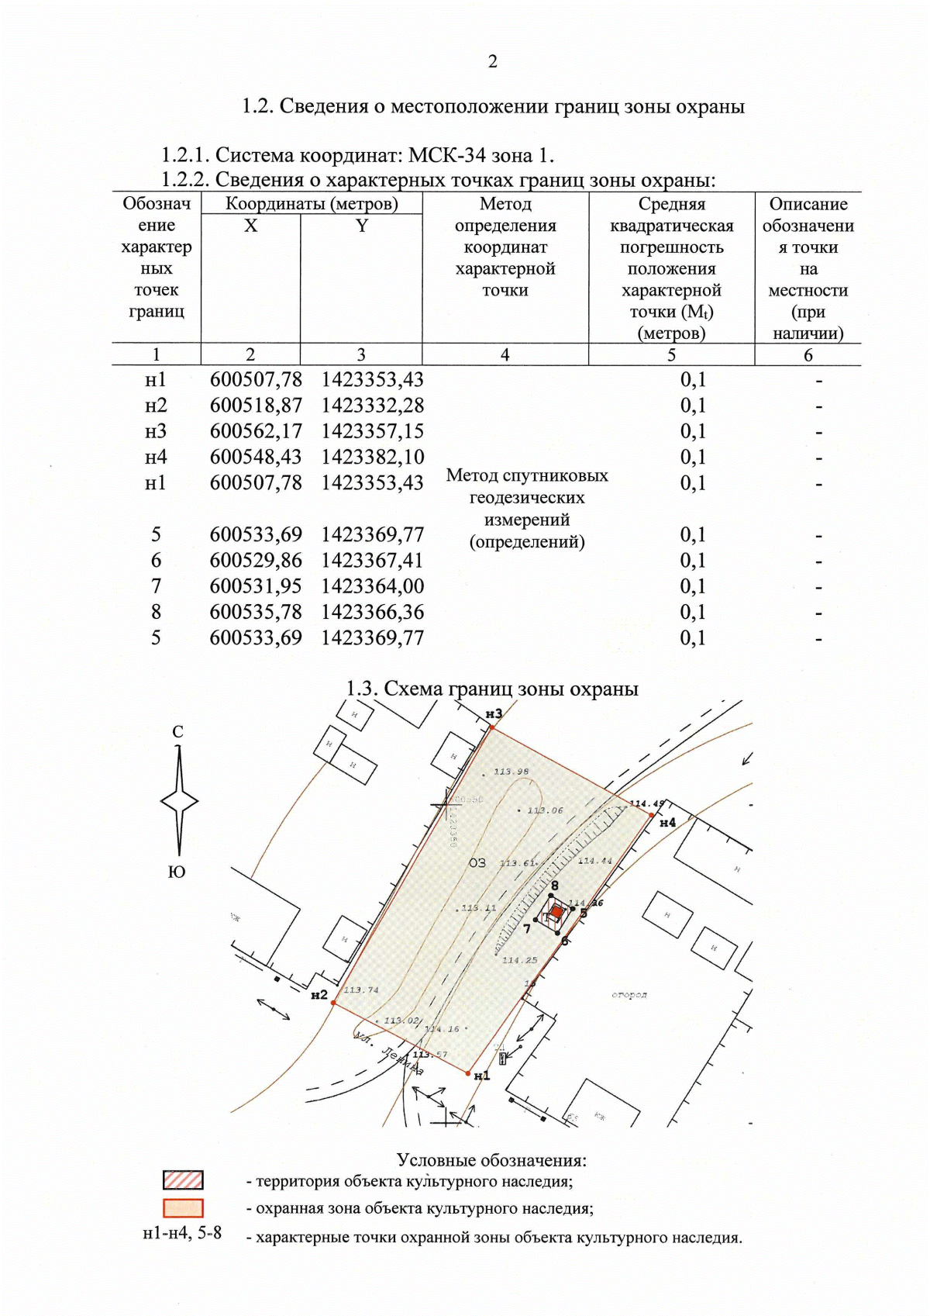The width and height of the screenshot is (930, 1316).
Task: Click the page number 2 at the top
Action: click(x=493, y=62)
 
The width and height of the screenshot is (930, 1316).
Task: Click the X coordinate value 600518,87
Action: click(x=256, y=406)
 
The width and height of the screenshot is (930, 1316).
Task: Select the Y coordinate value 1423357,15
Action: click(x=373, y=431)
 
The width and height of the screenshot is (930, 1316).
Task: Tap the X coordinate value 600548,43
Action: click(x=256, y=457)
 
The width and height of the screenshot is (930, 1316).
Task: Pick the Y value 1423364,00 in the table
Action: click(x=373, y=586)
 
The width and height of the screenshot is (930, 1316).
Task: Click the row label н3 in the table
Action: click(x=156, y=431)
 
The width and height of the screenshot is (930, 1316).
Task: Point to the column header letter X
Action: click(x=250, y=226)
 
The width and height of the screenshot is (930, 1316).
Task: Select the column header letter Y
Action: click(x=361, y=226)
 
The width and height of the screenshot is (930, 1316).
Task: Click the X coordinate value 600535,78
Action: click(x=256, y=612)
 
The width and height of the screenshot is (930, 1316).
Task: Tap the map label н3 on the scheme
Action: click(x=494, y=713)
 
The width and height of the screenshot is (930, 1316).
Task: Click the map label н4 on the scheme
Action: click(x=667, y=822)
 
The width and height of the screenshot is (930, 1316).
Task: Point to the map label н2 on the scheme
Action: click(x=319, y=995)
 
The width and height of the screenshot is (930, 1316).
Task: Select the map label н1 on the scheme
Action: click(x=482, y=1076)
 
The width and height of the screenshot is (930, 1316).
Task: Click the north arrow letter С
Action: click(x=178, y=731)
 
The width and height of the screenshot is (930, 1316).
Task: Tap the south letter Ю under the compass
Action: click(x=177, y=872)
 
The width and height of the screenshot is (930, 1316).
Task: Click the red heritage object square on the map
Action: click(x=556, y=912)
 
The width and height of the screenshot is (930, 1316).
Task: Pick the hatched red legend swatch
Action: click(x=183, y=1180)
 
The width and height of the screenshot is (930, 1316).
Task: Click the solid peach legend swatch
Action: click(x=183, y=1208)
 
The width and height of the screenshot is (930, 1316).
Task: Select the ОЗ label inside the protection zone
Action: click(x=477, y=862)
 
